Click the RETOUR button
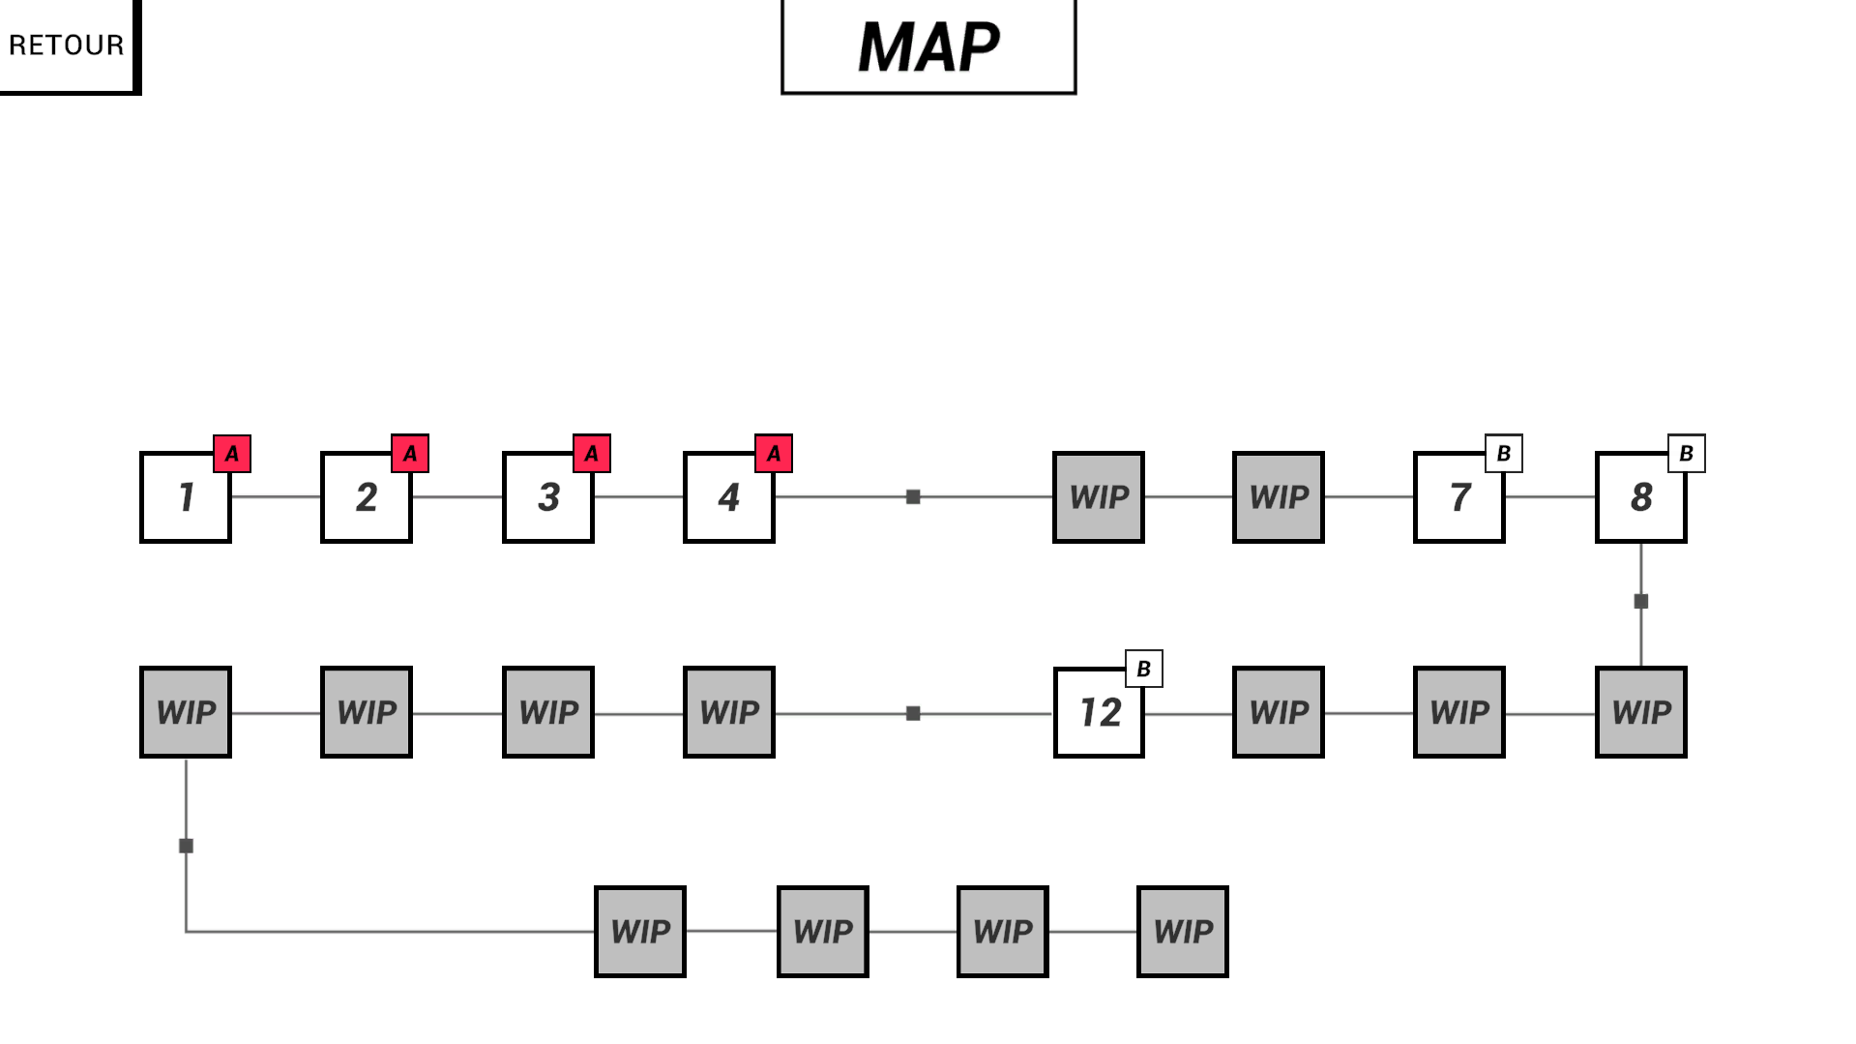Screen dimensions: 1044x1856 click(68, 45)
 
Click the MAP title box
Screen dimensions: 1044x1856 click(928, 46)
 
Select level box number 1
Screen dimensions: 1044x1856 click(186, 497)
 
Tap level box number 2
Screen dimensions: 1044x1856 click(367, 497)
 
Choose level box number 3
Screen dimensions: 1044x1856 click(548, 497)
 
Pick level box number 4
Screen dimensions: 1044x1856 click(729, 497)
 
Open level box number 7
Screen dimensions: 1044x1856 click(1459, 497)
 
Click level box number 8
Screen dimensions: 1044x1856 click(1641, 497)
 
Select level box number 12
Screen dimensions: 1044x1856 click(1099, 713)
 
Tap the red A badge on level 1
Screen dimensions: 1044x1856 click(232, 454)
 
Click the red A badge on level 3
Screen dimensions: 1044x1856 click(592, 454)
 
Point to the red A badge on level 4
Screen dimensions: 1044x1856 click(774, 454)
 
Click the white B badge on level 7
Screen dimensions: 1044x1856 click(1504, 454)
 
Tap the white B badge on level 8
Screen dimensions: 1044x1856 click(1687, 454)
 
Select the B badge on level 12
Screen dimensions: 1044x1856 click(1144, 669)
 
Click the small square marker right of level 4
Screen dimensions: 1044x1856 click(913, 497)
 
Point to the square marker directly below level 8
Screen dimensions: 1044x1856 click(1641, 602)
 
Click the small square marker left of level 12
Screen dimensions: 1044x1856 click(913, 714)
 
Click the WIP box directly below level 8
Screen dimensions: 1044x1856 click(1641, 713)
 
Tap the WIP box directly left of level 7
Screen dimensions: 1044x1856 click(1279, 497)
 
